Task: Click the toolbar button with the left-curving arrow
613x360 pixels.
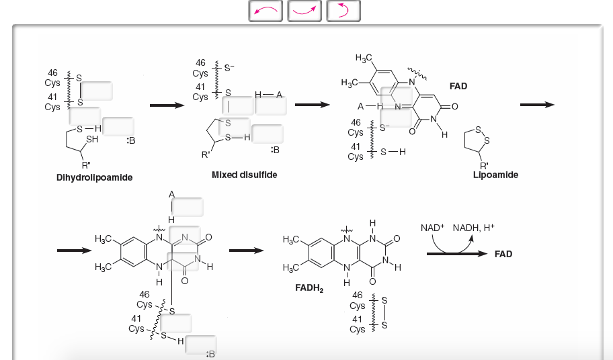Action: [267, 10]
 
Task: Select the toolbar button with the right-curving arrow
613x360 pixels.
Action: [305, 10]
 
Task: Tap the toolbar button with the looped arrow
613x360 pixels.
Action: [343, 10]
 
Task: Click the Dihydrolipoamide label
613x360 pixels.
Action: [95, 178]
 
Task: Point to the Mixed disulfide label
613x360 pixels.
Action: [244, 175]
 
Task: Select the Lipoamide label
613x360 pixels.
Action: [495, 175]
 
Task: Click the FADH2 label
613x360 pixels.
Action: [309, 289]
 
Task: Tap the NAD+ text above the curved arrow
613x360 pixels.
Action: [433, 228]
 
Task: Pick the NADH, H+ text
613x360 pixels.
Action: [474, 228]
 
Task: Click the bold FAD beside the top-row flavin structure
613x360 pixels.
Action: [458, 86]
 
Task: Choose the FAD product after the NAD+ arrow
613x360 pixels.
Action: [503, 254]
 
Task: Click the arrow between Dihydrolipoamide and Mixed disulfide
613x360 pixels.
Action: [167, 105]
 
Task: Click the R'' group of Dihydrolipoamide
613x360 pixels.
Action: [87, 165]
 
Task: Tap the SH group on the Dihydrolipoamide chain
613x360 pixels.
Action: [92, 139]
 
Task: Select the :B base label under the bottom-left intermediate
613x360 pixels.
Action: [210, 354]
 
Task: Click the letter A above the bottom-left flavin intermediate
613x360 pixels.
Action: [171, 195]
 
